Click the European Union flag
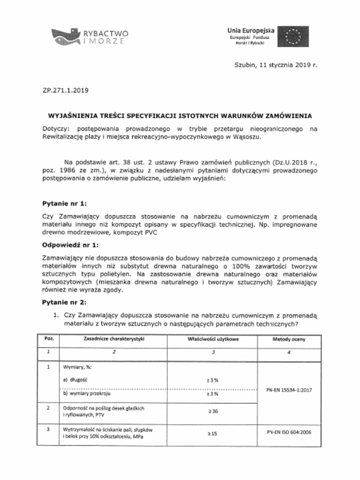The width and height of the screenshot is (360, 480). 293,36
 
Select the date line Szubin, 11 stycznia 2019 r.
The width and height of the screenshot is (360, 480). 276,66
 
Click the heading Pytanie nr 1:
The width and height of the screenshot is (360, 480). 64,203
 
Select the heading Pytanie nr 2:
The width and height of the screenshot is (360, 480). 64,302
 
